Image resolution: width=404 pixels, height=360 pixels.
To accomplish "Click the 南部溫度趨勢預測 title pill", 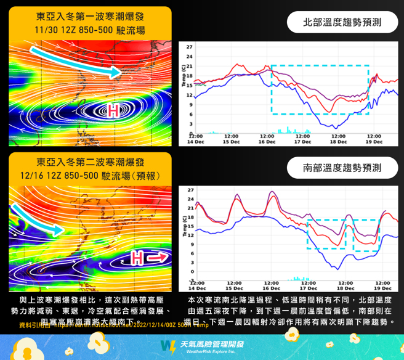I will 342,167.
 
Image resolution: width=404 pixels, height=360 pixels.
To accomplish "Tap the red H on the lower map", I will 139,256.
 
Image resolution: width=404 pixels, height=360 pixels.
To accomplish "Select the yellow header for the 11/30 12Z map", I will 90,24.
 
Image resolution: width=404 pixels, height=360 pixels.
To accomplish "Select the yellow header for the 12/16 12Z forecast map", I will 90,169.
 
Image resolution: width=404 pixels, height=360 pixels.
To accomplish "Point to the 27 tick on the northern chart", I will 189,47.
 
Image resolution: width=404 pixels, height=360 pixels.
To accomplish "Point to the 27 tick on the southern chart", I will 190,190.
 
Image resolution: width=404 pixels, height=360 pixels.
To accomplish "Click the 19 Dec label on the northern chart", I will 373,141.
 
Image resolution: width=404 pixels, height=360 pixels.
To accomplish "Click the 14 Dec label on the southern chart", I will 197,288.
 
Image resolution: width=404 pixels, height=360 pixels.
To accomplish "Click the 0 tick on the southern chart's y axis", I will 192,272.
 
